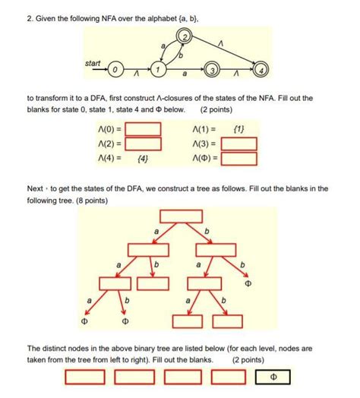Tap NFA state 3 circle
(x=212, y=71)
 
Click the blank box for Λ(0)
(x=143, y=128)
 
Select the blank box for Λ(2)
(x=143, y=144)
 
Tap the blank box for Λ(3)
(x=238, y=144)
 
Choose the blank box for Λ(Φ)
(x=238, y=160)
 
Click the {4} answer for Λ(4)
(x=143, y=160)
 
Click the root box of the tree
(x=181, y=216)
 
